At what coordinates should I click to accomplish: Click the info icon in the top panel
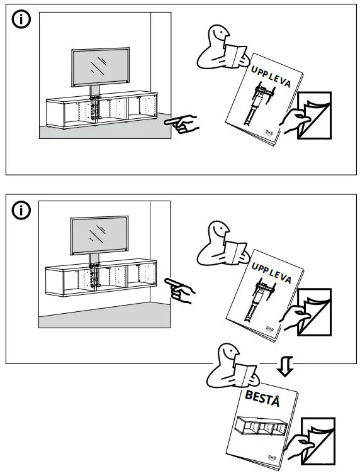tap(21, 20)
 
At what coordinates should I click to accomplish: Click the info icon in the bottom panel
tap(21, 209)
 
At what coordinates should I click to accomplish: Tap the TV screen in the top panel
tap(101, 67)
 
